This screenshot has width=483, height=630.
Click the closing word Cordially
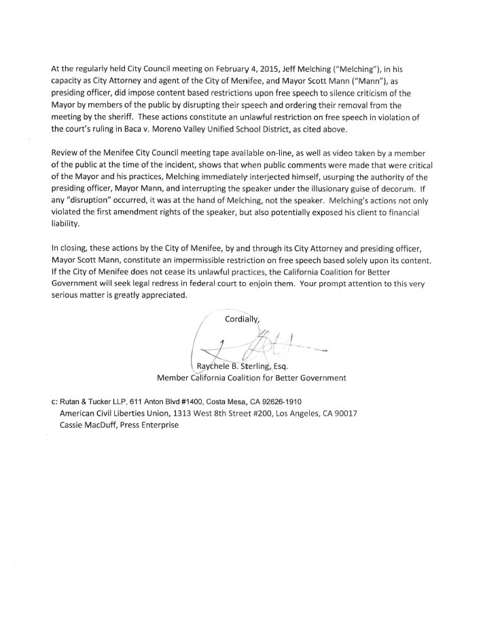243,317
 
